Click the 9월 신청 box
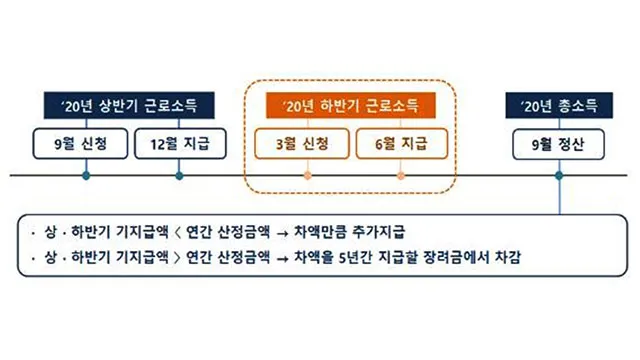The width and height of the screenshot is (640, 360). point(85,144)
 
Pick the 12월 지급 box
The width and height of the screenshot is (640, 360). point(179,144)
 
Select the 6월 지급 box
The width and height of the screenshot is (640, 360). point(399,144)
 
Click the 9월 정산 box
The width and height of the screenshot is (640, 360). point(558,144)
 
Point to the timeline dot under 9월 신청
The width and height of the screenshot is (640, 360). point(85,176)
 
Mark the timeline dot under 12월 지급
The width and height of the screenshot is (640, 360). point(179,176)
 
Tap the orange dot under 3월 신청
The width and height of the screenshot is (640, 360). point(306,176)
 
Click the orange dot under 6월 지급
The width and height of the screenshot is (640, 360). point(401,176)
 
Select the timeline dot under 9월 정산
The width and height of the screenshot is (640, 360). point(559,176)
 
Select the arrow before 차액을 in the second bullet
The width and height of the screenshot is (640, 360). point(284,258)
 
